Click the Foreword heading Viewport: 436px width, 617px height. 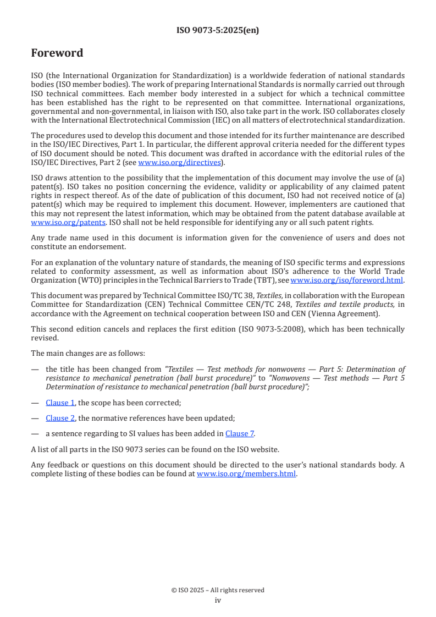[x=57, y=53]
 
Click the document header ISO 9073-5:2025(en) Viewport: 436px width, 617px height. [x=218, y=31]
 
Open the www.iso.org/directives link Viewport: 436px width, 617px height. [x=179, y=162]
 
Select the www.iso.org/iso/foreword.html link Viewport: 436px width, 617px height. [x=346, y=280]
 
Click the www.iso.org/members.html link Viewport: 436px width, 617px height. [x=246, y=473]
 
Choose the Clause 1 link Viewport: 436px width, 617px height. [x=60, y=403]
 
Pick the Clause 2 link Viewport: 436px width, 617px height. [x=60, y=418]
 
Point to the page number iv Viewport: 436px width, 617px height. [x=218, y=600]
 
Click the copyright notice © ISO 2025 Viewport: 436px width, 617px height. [x=218, y=590]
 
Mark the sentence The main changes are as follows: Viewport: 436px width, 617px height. [x=88, y=353]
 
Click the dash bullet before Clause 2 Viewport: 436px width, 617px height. [x=35, y=418]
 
